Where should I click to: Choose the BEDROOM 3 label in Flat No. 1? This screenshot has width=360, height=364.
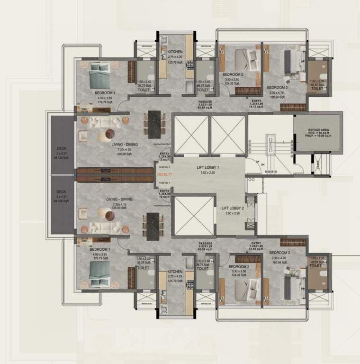[x=279, y=254]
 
